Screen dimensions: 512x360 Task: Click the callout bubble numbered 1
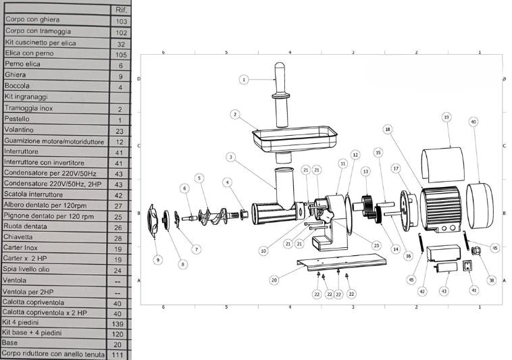(244, 79)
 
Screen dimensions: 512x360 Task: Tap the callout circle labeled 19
(446, 117)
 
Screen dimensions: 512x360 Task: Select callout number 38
(491, 280)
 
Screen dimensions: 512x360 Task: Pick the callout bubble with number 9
(158, 260)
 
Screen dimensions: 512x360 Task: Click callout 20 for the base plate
(274, 280)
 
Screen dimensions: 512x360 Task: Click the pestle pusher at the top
(282, 95)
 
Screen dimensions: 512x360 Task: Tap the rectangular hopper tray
(295, 138)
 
